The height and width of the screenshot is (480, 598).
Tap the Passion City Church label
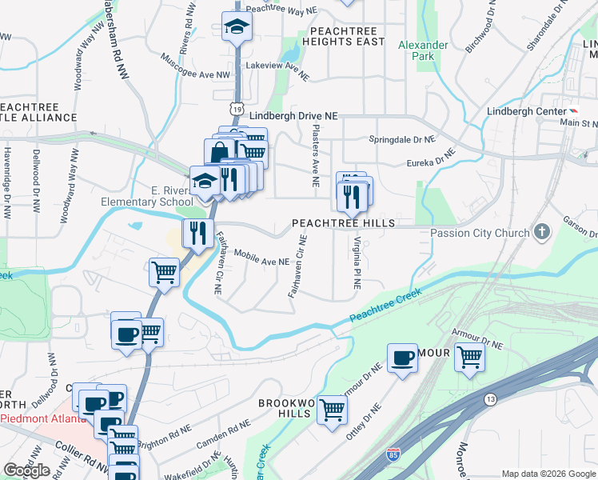480,234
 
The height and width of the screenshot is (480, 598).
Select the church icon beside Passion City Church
543,233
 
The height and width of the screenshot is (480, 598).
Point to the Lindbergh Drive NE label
293,116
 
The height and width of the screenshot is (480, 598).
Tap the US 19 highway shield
237,106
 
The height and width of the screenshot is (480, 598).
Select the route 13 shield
491,398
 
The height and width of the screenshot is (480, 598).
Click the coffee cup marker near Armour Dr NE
402,358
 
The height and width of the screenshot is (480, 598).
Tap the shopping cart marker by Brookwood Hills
332,410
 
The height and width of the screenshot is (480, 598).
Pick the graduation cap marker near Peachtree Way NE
236,27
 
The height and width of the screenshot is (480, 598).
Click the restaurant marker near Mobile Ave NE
195,233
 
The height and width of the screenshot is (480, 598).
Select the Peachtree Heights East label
343,36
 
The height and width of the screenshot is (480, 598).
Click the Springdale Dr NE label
402,139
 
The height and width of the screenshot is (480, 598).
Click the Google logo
26,471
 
